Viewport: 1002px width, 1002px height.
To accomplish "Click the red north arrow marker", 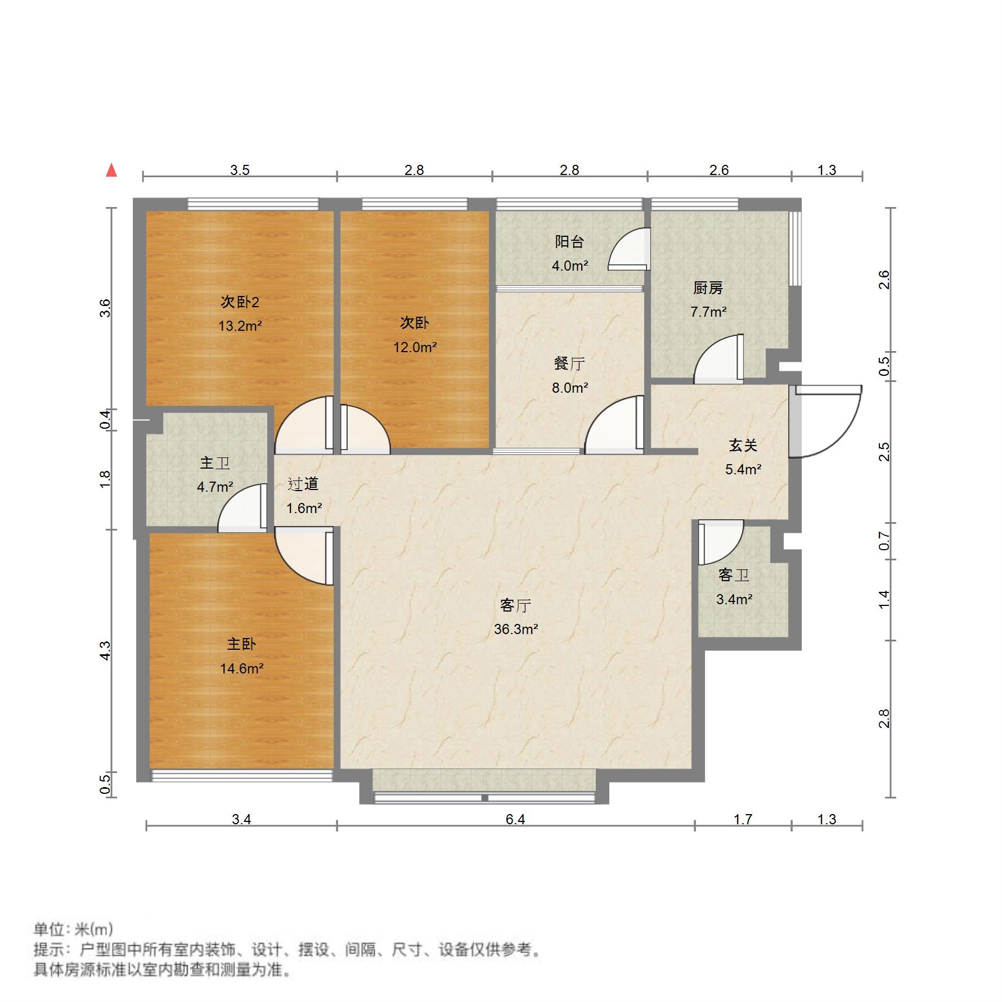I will coord(112,170).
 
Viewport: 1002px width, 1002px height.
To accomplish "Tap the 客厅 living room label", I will coord(515,606).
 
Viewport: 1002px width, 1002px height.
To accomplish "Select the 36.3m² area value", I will coord(515,630).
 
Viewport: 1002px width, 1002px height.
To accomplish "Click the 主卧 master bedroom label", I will coord(241,644).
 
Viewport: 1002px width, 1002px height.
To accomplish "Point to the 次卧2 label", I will coord(240,302).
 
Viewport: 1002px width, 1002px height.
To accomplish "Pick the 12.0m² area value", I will coord(415,348).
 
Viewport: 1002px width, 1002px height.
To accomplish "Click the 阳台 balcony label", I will coord(569,242).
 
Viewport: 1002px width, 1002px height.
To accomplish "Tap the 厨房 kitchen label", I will coord(708,288).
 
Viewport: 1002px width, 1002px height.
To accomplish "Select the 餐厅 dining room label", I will coord(569,364).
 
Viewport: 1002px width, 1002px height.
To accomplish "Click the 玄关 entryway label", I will coord(743,446).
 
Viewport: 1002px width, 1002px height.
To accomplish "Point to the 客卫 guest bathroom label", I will coord(734,576).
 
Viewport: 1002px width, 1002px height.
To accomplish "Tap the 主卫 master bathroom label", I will coord(214,463).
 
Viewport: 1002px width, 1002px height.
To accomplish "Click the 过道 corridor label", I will coord(303,484).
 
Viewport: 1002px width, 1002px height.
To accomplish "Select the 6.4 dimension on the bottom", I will coord(515,819).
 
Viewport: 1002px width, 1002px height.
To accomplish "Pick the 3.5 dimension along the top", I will coord(240,170).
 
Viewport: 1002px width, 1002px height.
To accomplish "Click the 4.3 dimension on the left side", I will coord(105,651).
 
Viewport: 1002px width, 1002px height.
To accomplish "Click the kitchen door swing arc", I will coord(717,360).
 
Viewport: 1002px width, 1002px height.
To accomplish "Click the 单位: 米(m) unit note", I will coord(74,929).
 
